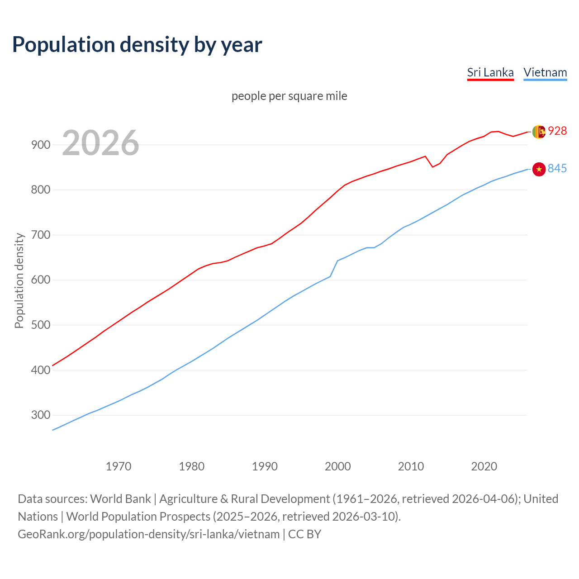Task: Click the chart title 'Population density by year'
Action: [137, 45]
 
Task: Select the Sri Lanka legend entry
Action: [490, 72]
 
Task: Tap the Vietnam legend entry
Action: [545, 72]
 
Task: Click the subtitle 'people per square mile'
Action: [289, 96]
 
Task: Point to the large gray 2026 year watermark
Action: [100, 143]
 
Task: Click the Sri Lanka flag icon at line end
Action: [538, 132]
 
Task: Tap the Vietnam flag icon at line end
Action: [539, 169]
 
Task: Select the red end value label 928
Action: [557, 131]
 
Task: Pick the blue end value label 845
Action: [557, 169]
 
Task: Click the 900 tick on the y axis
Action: [40, 145]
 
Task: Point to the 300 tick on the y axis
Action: [40, 415]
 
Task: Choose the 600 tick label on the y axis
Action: [40, 280]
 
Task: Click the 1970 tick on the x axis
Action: [119, 466]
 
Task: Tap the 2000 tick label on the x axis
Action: [338, 466]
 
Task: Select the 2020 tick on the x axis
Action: [484, 466]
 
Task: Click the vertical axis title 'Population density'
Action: [19, 280]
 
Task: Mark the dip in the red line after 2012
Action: [432, 167]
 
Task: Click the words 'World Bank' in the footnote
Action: [120, 499]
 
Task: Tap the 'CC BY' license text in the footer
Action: [304, 534]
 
